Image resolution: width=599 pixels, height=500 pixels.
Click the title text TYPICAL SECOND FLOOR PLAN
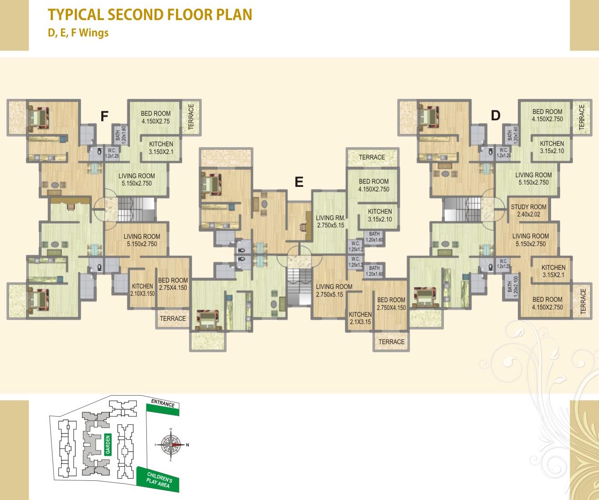[x=150, y=15]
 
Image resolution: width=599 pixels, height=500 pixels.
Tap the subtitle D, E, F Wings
[x=78, y=33]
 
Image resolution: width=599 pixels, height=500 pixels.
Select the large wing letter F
[x=104, y=117]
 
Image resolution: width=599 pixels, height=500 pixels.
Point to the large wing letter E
[x=299, y=182]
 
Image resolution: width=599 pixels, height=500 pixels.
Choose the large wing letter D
[x=496, y=116]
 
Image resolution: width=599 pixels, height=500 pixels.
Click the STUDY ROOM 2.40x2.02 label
[x=528, y=211]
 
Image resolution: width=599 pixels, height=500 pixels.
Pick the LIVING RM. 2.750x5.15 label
[x=330, y=222]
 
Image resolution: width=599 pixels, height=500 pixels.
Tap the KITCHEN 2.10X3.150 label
[x=142, y=290]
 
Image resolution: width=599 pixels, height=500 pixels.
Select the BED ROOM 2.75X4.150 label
[x=173, y=284]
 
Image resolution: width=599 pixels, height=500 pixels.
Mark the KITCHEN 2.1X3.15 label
[x=360, y=318]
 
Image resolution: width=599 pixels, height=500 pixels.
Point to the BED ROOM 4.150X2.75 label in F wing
[x=155, y=118]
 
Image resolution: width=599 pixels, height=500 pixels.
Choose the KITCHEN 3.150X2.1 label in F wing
[x=161, y=148]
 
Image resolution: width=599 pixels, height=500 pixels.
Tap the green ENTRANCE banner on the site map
[x=163, y=407]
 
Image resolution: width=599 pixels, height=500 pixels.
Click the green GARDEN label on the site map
[x=108, y=444]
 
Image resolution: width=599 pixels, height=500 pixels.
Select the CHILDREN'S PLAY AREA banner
[x=158, y=479]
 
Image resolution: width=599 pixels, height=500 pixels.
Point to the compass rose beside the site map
[x=171, y=444]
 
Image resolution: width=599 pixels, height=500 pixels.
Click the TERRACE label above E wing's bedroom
[x=372, y=157]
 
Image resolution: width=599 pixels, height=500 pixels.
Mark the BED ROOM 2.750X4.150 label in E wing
[x=391, y=304]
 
